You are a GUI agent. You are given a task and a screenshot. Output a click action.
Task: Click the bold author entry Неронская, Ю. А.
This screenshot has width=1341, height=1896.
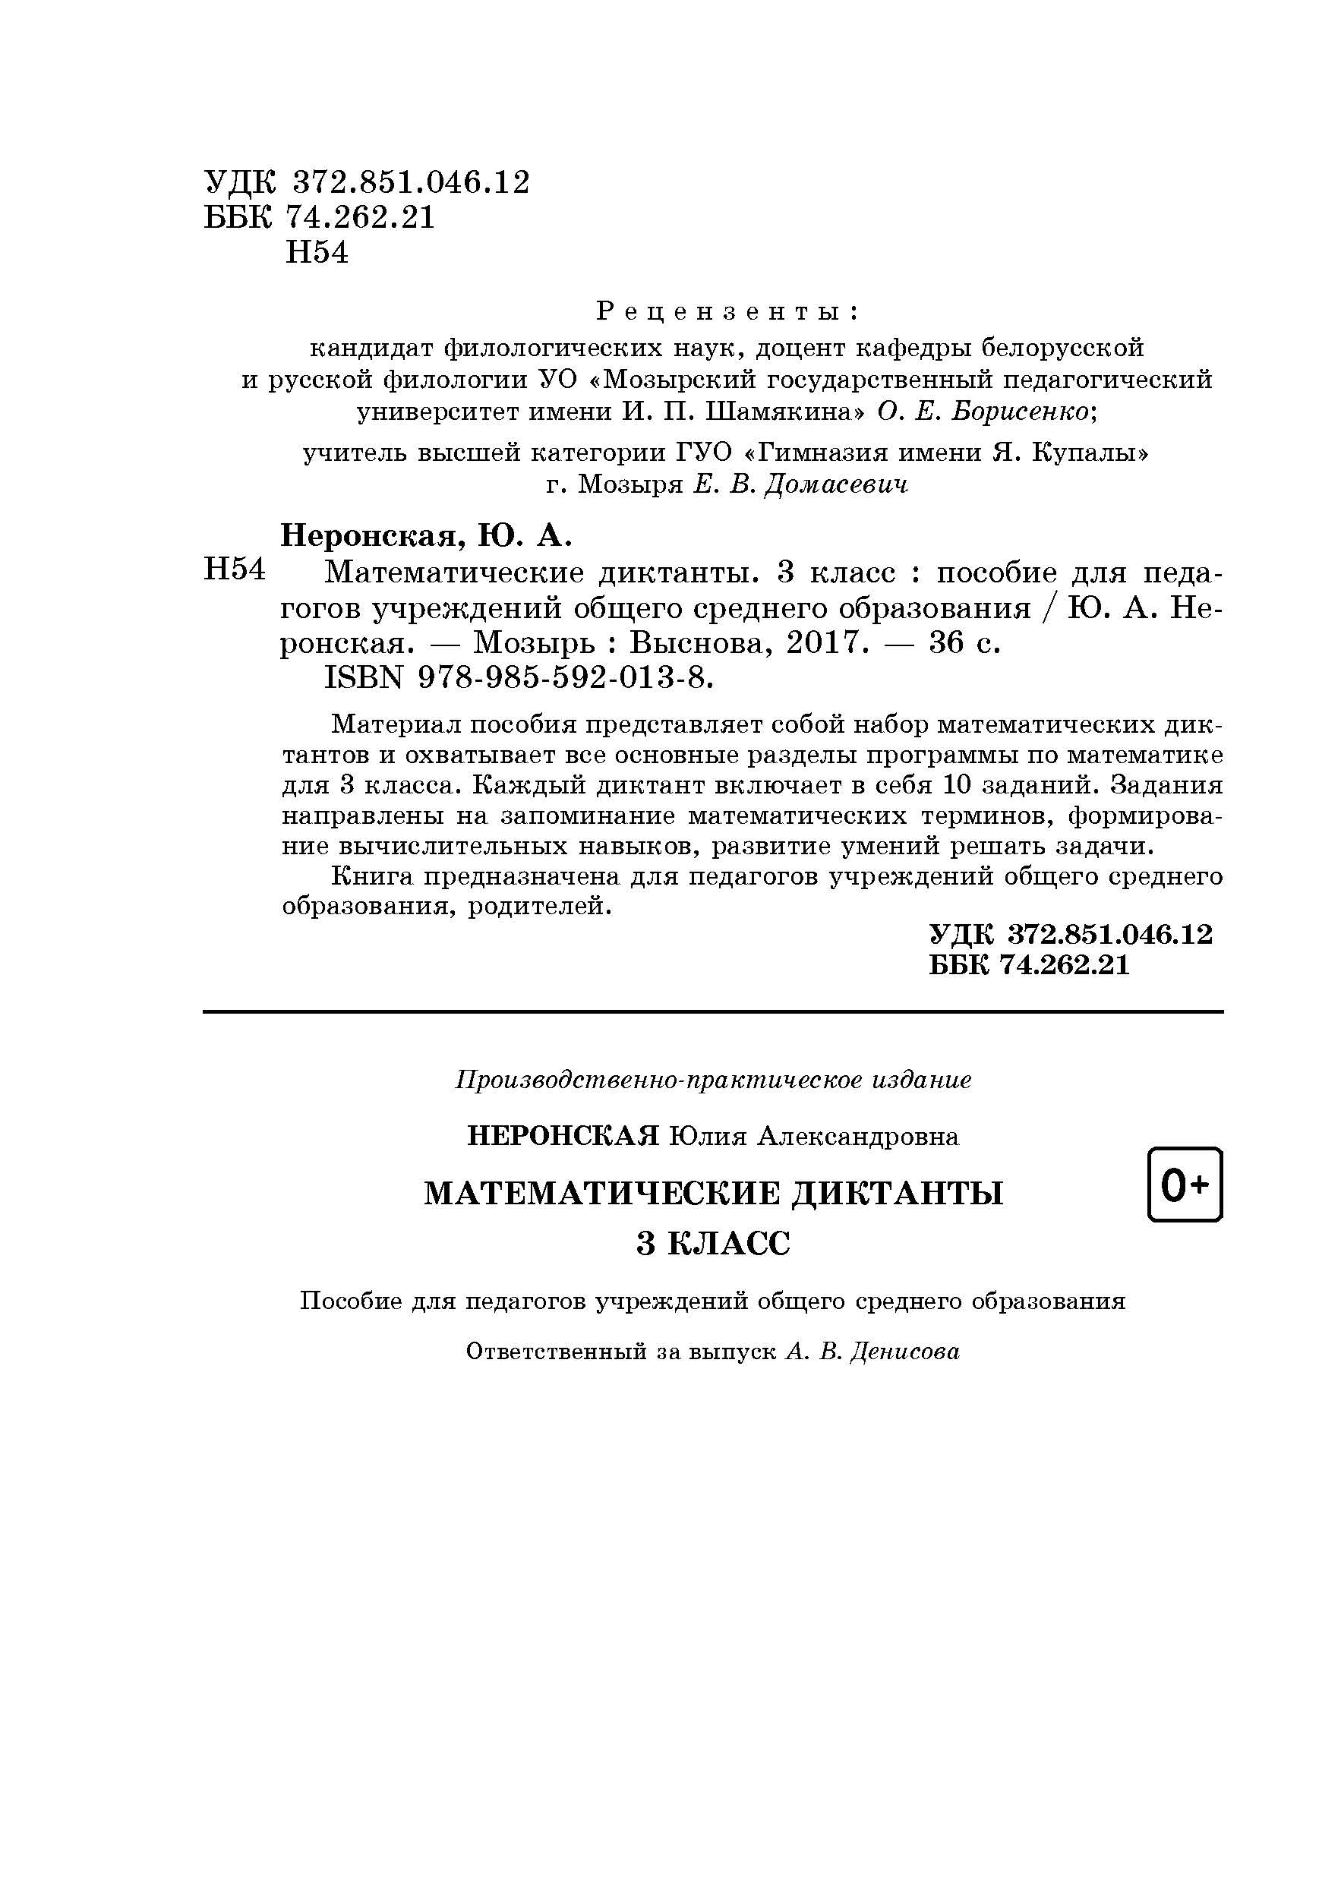(x=426, y=536)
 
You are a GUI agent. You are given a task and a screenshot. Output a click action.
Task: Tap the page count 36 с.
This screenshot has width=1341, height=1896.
(x=964, y=642)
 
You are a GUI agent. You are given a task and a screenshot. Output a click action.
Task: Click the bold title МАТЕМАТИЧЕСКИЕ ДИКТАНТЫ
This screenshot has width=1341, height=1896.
(x=714, y=1194)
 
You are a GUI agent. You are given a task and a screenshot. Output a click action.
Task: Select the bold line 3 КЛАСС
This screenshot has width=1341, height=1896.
(x=714, y=1243)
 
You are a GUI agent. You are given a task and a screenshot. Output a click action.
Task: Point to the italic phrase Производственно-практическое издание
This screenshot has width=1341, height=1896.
(x=714, y=1079)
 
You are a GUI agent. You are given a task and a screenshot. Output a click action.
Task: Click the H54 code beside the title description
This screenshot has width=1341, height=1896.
(x=235, y=569)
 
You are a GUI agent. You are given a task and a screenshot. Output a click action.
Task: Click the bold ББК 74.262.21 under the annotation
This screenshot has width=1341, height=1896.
(x=1029, y=964)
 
